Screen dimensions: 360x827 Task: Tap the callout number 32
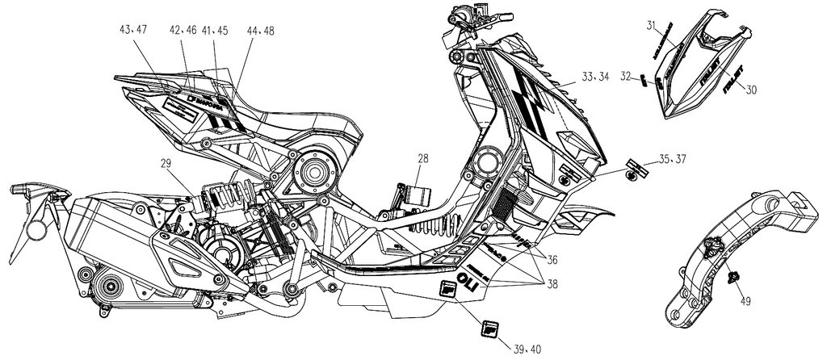pos(624,77)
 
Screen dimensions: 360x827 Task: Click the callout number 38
pos(552,285)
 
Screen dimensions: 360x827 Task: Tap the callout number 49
pos(745,303)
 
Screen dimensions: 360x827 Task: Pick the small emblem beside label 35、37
pos(635,173)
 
